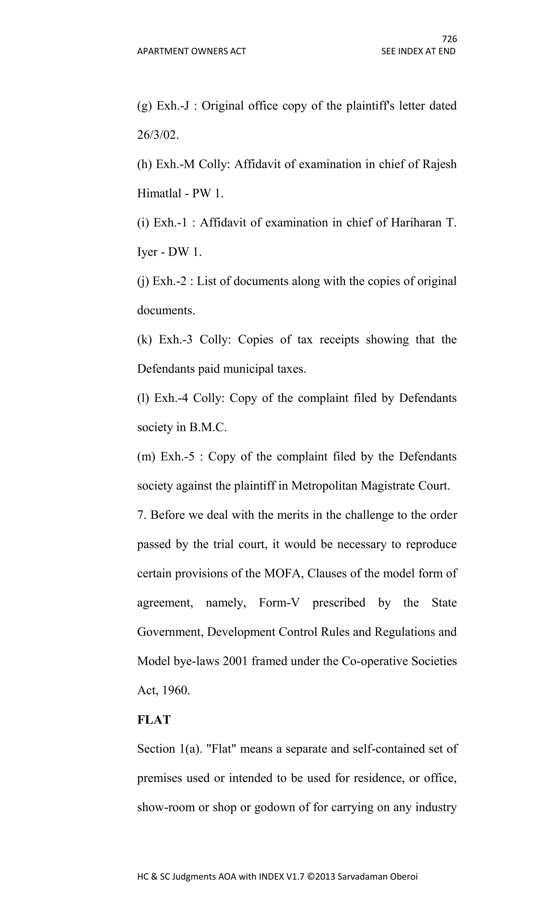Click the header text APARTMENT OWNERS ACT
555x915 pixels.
191,51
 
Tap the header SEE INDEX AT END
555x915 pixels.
418,51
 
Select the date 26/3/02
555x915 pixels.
158,135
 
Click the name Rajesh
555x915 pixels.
439,164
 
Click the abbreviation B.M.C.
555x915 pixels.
208,428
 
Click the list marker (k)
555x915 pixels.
144,340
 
